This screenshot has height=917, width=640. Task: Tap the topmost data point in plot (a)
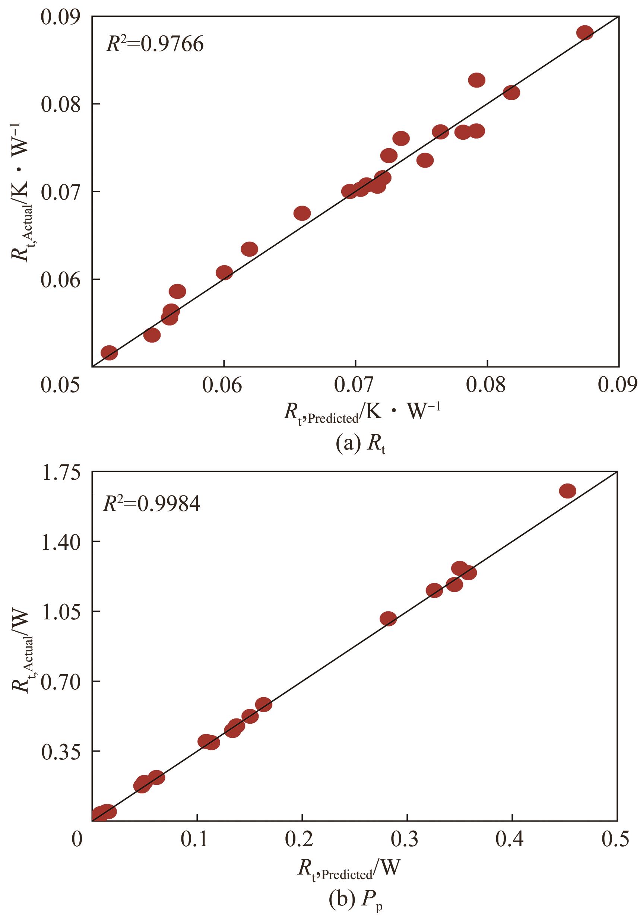(x=585, y=33)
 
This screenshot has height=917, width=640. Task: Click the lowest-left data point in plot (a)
(x=109, y=353)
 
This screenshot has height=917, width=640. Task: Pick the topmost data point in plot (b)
(x=567, y=491)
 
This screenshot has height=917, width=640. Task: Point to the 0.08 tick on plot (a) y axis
(x=63, y=104)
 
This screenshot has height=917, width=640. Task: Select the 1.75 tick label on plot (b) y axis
(x=60, y=472)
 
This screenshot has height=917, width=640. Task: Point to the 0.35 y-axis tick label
(x=60, y=751)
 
